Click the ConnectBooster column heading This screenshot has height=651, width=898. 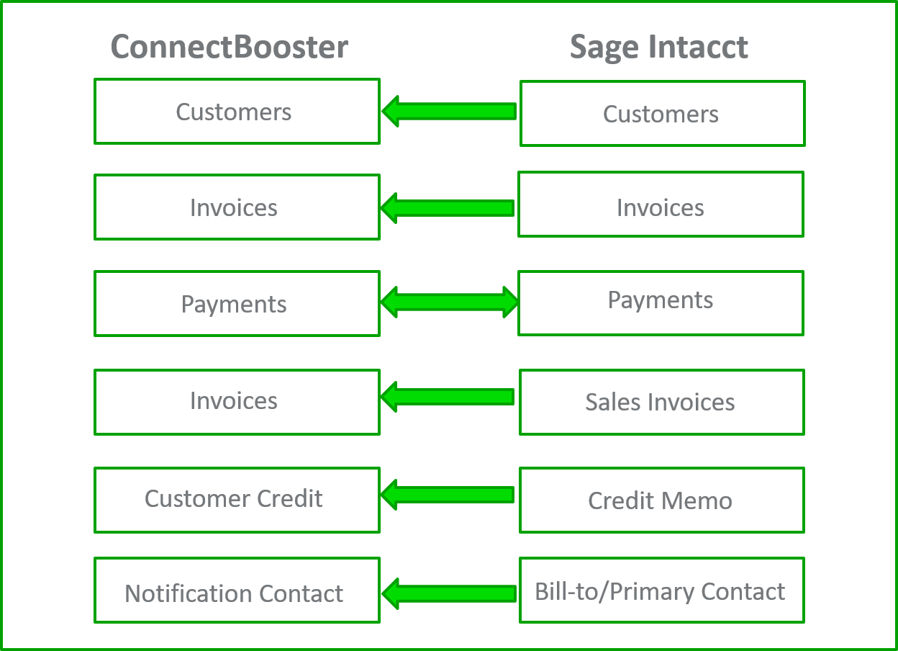[229, 48]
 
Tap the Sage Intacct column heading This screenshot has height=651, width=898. [658, 48]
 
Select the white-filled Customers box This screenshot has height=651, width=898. [237, 112]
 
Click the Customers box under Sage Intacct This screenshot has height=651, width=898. [662, 114]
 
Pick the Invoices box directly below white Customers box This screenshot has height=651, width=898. [237, 207]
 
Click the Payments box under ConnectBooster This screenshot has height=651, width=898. [237, 304]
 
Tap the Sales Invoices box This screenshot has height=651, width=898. [661, 402]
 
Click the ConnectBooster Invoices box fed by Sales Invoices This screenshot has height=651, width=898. [237, 402]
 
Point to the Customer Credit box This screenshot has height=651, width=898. [237, 500]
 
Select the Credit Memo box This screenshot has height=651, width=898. [661, 500]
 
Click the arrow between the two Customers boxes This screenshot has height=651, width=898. [449, 112]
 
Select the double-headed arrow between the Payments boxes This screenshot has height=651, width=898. [449, 302]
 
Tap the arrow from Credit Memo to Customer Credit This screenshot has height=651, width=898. [448, 495]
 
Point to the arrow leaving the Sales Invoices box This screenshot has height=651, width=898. [448, 397]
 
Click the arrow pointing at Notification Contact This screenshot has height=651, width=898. [449, 593]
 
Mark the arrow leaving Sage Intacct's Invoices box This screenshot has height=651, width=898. [448, 208]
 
